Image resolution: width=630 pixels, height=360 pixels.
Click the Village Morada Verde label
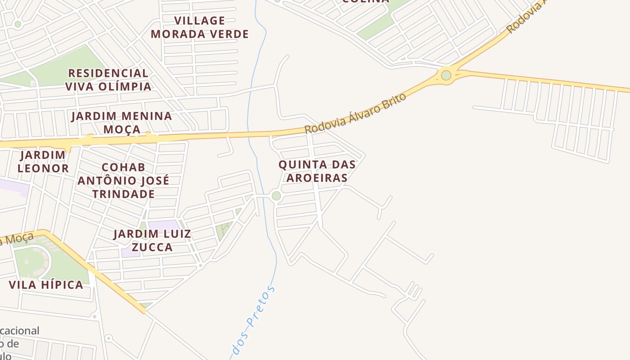click(x=199, y=27)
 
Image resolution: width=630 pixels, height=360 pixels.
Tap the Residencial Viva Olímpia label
click(x=108, y=80)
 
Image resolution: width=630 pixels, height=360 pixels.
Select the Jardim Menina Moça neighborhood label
click(x=121, y=122)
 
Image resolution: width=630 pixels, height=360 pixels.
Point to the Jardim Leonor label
click(x=43, y=162)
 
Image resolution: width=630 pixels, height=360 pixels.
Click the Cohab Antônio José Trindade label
click(x=123, y=180)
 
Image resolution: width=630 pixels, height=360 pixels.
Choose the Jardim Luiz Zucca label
click(x=152, y=240)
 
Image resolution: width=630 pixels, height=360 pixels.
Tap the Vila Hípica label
click(x=46, y=285)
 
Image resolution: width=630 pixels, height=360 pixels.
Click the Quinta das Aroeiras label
click(x=317, y=171)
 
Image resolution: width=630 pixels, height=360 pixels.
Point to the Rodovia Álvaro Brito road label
click(x=355, y=113)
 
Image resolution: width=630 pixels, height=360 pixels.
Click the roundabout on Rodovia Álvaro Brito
click(x=446, y=75)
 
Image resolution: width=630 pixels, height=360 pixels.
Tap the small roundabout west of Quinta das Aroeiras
click(x=276, y=196)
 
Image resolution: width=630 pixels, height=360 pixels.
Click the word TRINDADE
click(x=123, y=194)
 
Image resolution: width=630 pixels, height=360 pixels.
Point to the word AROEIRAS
click(x=317, y=178)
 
